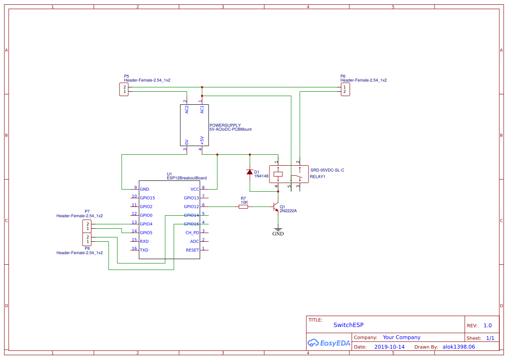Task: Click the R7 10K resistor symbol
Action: tap(243, 207)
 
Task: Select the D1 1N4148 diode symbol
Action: tap(249, 172)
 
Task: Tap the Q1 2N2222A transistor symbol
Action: tap(276, 207)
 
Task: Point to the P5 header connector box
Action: tap(124, 90)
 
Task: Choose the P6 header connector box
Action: tap(345, 90)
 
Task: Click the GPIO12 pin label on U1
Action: tap(191, 207)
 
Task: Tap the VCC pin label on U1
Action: tap(194, 190)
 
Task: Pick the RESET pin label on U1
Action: tap(192, 250)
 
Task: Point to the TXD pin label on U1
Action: tap(144, 250)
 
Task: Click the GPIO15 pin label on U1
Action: tap(147, 198)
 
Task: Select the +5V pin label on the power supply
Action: tap(202, 140)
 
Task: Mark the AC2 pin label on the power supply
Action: tap(187, 110)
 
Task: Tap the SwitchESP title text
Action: tap(348, 325)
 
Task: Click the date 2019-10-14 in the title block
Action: tap(389, 347)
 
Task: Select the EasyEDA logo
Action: tap(329, 343)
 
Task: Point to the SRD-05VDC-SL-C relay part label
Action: tap(327, 170)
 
